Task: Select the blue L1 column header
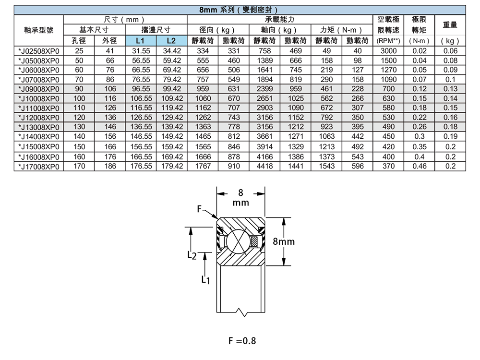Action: (138, 41)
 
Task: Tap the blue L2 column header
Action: (171, 41)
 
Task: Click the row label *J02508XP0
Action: (38, 51)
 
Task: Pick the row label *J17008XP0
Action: (38, 167)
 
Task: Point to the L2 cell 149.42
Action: (171, 137)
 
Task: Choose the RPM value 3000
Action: (388, 51)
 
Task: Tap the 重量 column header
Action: (450, 24)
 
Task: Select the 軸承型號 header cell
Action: (38, 30)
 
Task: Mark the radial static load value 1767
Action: (203, 167)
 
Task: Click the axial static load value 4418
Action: (265, 167)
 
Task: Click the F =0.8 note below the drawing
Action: (242, 341)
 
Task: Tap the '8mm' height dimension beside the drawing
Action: (283, 241)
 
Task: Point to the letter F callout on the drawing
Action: (199, 209)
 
